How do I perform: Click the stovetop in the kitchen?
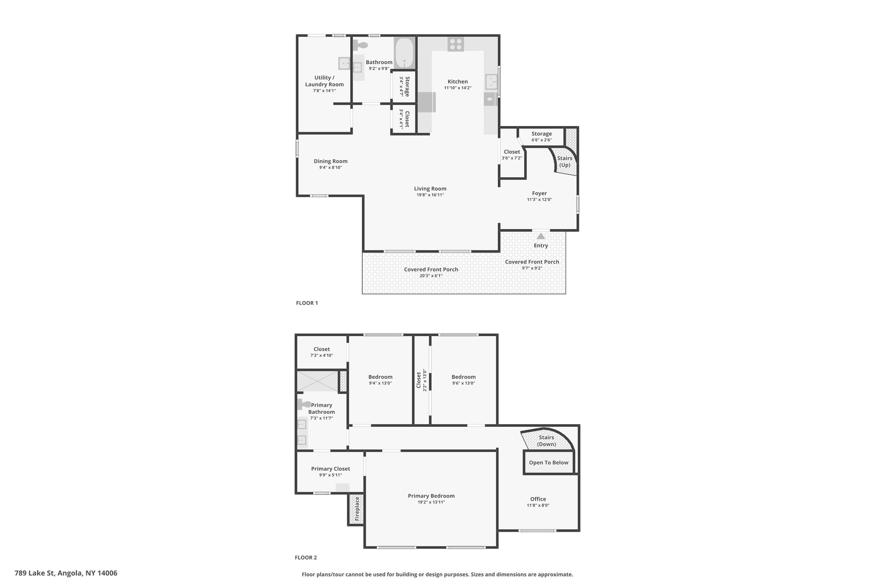point(456,44)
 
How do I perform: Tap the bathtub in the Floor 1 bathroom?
point(404,53)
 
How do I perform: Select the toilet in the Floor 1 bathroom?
point(360,45)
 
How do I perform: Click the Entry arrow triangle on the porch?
point(541,236)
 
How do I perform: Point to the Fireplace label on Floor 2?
point(357,509)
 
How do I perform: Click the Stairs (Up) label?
point(565,161)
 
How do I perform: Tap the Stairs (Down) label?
point(546,441)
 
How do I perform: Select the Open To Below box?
point(549,463)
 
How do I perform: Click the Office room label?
point(538,499)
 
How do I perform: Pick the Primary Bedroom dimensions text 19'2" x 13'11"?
point(431,502)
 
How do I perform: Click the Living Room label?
point(430,188)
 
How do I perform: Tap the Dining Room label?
point(331,161)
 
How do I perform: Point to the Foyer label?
point(539,193)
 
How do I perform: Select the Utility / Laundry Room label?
point(324,81)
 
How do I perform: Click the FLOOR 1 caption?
point(307,303)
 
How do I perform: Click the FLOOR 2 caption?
point(306,557)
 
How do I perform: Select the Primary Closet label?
point(331,469)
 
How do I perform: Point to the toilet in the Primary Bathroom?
point(304,404)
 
